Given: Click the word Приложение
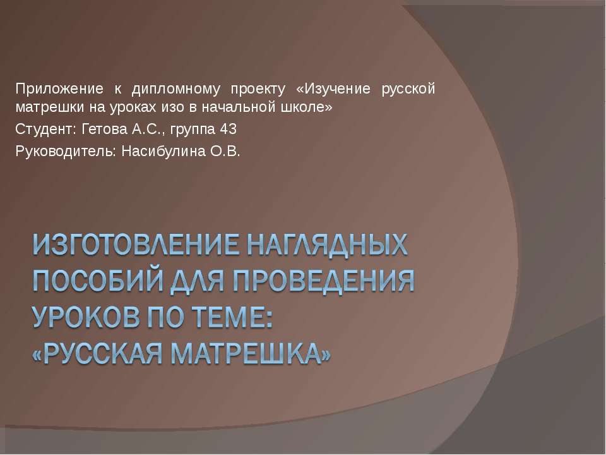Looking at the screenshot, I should pyautogui.click(x=56, y=88).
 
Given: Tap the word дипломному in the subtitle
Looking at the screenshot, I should pyautogui.click(x=174, y=88).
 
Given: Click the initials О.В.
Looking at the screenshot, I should pyautogui.click(x=229, y=152).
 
